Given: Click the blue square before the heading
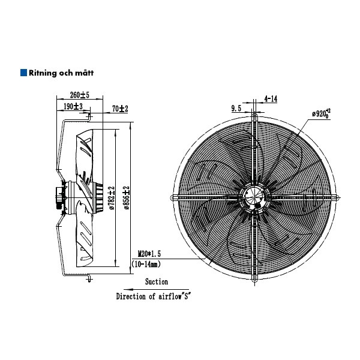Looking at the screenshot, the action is point(23,73).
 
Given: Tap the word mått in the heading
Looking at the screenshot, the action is point(85,73).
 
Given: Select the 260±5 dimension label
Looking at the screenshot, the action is point(79,95).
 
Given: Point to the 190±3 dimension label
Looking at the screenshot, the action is point(73,106).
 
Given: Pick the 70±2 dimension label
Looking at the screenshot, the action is point(120,109).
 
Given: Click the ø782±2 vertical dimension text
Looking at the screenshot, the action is point(112,198).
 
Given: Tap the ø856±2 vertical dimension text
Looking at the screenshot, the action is point(127,198).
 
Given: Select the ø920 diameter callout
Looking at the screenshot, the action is point(321,113).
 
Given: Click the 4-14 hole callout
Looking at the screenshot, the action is point(271,99).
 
